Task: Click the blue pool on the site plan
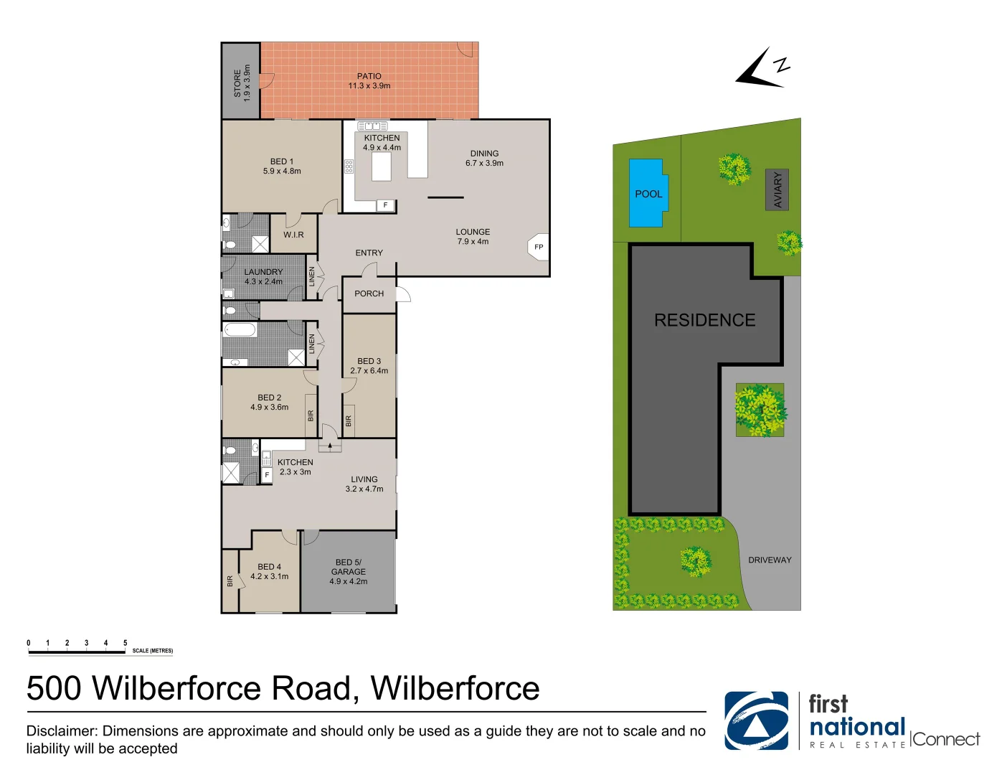646,192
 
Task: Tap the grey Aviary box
777,190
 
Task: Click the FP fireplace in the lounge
539,247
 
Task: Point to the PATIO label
369,76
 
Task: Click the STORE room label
237,83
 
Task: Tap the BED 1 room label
282,161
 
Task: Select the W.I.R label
293,235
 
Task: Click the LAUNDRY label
263,272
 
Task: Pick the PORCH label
369,293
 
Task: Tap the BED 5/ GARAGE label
349,567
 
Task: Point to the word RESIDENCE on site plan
704,320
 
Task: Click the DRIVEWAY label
770,560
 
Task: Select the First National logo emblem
756,720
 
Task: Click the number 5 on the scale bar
125,643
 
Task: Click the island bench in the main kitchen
382,166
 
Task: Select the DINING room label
484,154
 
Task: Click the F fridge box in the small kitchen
267,475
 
